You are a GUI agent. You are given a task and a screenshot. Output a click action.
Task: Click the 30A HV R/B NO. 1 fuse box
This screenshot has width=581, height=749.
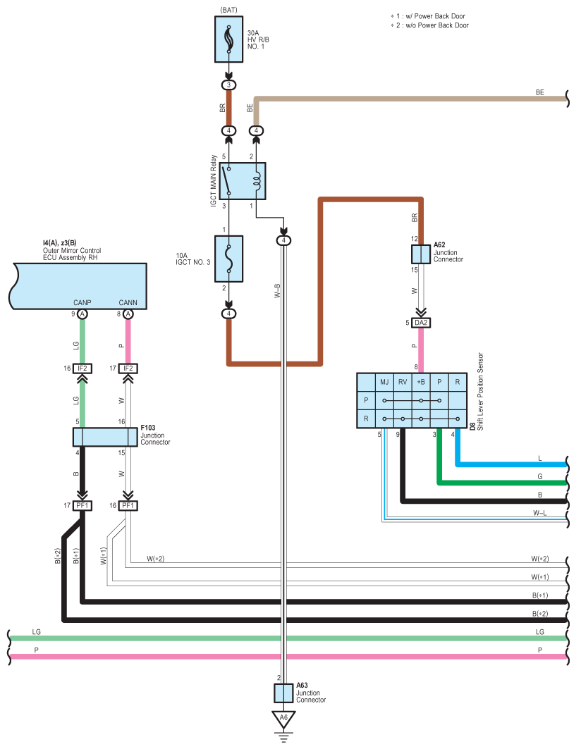228,40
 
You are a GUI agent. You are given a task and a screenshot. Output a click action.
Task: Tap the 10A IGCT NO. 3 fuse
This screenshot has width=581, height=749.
228,259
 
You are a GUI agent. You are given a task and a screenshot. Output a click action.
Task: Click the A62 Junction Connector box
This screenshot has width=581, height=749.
421,254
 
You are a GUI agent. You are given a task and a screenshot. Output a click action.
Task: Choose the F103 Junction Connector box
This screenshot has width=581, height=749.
105,437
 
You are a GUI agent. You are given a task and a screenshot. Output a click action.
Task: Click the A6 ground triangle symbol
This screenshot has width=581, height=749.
283,719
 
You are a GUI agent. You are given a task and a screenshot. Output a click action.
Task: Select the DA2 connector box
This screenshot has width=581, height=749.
421,323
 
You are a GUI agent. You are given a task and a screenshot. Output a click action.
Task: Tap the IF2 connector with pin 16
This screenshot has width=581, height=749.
82,368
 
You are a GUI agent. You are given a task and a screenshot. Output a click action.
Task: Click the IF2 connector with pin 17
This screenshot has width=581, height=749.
128,368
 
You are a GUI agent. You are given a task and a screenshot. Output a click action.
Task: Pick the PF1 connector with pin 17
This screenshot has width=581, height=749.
82,505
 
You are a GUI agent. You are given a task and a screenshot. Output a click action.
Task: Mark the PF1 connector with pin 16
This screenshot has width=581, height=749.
128,505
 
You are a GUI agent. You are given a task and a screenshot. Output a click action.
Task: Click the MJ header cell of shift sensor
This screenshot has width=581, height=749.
384,382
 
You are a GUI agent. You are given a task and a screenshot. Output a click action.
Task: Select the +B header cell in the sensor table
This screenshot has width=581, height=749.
421,382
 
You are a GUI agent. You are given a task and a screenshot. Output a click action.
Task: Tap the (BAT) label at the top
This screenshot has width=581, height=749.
228,10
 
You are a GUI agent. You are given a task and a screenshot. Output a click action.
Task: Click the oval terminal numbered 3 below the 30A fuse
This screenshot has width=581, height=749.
228,85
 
